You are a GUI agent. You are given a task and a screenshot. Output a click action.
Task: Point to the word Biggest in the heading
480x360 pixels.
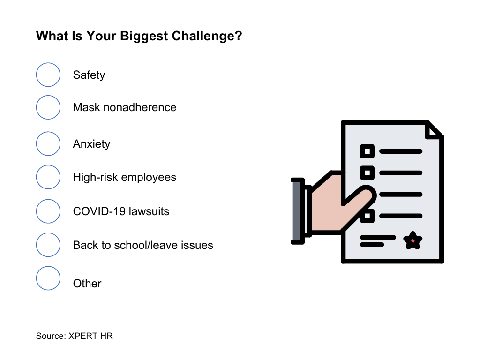coord(144,37)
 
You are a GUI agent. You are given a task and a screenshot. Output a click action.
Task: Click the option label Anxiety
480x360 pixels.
coord(91,144)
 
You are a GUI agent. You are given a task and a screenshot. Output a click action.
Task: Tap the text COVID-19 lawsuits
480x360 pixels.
coord(121,211)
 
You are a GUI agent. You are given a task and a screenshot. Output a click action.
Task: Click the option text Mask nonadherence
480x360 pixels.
coord(125,107)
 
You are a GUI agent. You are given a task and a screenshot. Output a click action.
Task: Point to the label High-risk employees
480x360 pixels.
coord(125,177)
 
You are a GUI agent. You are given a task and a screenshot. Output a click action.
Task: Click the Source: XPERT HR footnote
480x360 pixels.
coord(75,336)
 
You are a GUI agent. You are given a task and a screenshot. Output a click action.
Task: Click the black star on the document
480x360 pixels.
coord(412,240)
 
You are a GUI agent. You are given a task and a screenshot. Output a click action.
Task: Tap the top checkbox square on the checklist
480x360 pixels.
coord(367,151)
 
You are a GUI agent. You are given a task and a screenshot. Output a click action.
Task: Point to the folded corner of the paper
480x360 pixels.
coord(434,130)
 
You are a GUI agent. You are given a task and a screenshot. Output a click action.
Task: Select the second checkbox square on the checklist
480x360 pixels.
coord(367,172)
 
